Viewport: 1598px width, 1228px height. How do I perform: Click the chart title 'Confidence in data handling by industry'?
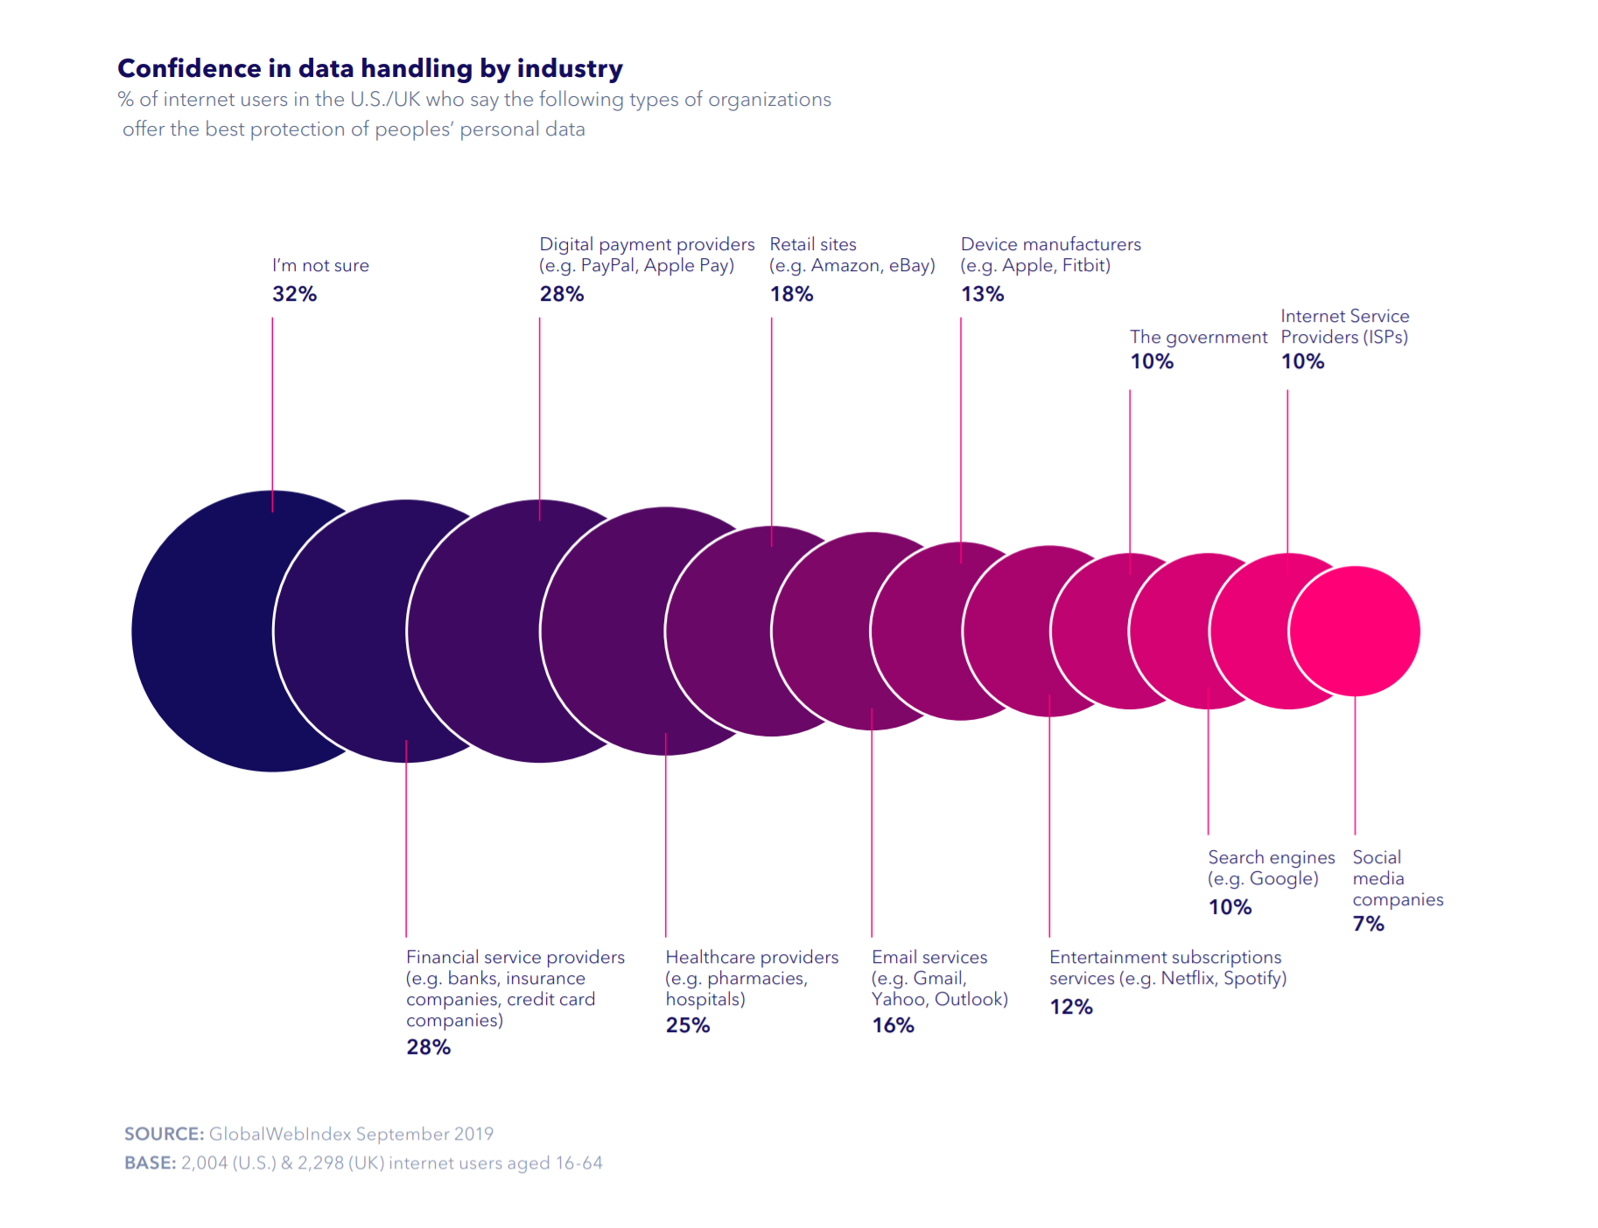point(370,68)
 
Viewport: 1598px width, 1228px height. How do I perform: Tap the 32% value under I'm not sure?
point(294,294)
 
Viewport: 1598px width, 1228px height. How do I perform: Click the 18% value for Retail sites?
point(791,294)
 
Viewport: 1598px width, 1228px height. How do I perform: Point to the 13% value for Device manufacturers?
point(982,294)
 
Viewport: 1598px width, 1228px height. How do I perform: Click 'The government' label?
point(1198,337)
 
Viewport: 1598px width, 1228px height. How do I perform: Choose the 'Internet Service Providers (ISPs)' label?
point(1344,326)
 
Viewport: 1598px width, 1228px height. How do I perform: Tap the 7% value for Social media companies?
point(1368,924)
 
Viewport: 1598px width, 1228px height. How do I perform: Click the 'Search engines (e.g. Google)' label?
point(1271,868)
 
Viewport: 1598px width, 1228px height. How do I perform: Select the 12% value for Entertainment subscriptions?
point(1071,1007)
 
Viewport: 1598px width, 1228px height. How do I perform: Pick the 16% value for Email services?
point(893,1025)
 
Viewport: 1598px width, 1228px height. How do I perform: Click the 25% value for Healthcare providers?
point(687,1025)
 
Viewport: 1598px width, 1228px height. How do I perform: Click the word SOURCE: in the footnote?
point(164,1134)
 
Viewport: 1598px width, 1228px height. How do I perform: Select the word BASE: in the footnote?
point(150,1163)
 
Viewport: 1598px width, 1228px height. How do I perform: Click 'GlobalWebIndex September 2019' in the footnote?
point(351,1134)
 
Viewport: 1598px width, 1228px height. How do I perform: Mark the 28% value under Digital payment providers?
point(561,294)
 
